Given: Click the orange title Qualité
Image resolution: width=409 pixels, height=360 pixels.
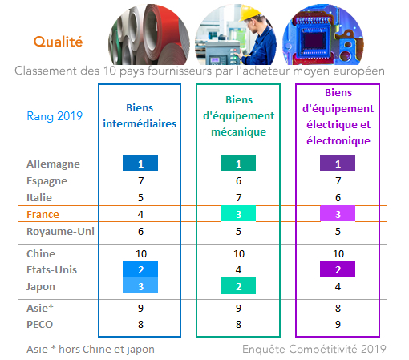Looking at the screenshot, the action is (x=58, y=42).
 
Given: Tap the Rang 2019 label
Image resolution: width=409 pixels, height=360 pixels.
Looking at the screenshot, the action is (x=55, y=116).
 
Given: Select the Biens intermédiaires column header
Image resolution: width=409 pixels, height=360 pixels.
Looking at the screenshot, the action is (x=140, y=115).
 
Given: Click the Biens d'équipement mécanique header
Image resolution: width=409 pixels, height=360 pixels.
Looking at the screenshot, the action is (x=239, y=115).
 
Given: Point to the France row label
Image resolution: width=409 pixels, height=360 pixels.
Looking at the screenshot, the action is (x=43, y=214).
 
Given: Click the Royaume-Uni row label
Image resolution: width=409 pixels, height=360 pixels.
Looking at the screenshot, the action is (x=60, y=231).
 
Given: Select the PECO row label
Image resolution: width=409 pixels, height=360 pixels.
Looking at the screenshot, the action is (x=39, y=324).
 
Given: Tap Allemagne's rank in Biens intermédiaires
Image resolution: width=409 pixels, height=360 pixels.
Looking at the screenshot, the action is (x=140, y=163).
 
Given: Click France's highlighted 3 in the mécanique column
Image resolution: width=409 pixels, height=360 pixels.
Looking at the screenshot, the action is (x=238, y=213).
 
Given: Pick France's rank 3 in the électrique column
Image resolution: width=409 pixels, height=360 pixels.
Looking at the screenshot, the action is (x=338, y=213).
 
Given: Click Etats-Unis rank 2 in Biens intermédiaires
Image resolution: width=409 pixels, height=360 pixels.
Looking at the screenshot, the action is (x=140, y=269).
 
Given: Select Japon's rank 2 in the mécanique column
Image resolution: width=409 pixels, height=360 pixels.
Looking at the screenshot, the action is (x=238, y=285).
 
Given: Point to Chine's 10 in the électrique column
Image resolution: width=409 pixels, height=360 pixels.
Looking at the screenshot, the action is (x=338, y=253).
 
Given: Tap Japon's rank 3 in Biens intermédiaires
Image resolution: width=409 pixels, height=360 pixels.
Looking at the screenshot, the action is (x=140, y=285).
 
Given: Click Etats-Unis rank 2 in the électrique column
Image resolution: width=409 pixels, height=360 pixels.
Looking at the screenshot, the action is (x=338, y=269).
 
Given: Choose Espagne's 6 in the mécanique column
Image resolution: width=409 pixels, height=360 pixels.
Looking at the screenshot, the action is (x=238, y=181).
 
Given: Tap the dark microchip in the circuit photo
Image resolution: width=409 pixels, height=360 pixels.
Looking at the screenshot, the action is (x=314, y=41).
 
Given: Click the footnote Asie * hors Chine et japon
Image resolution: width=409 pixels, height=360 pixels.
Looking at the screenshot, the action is (x=91, y=349).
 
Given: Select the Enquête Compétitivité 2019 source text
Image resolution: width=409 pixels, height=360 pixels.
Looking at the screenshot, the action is (x=314, y=349).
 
